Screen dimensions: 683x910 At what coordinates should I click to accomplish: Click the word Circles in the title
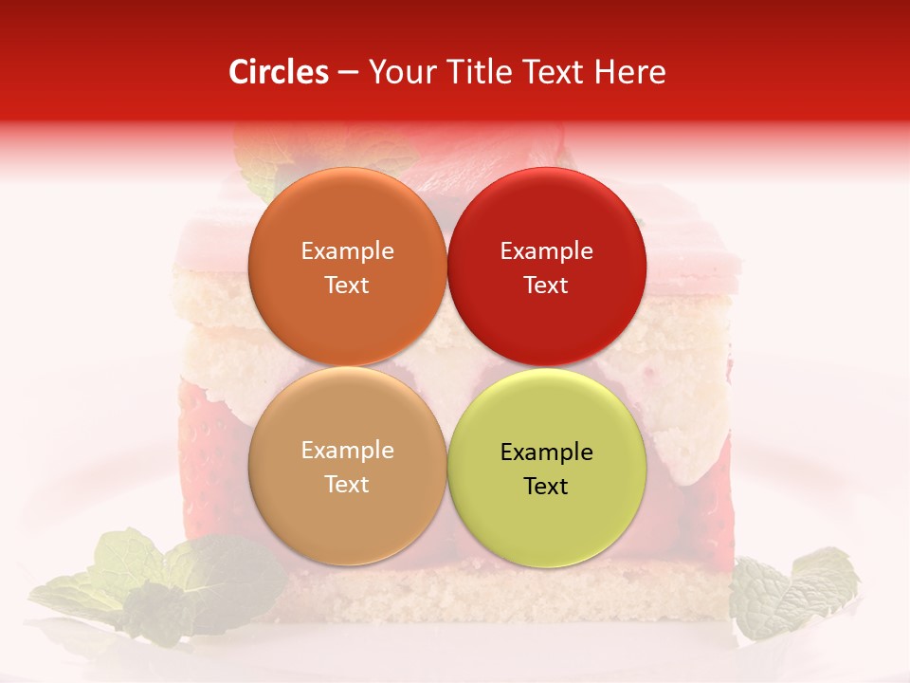(279, 72)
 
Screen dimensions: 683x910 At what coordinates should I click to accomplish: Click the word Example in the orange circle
(347, 251)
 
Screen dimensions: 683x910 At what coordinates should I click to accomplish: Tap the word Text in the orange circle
(347, 286)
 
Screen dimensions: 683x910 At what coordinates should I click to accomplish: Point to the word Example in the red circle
(546, 251)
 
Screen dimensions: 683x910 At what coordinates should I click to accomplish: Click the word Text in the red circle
(546, 286)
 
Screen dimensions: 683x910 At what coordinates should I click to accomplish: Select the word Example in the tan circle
(347, 451)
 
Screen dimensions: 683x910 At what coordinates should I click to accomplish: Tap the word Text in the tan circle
(347, 485)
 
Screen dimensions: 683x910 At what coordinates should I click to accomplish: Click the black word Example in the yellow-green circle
(546, 452)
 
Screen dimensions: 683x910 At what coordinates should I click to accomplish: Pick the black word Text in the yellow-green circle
(546, 487)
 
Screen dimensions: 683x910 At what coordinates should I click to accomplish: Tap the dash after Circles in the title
(348, 73)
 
